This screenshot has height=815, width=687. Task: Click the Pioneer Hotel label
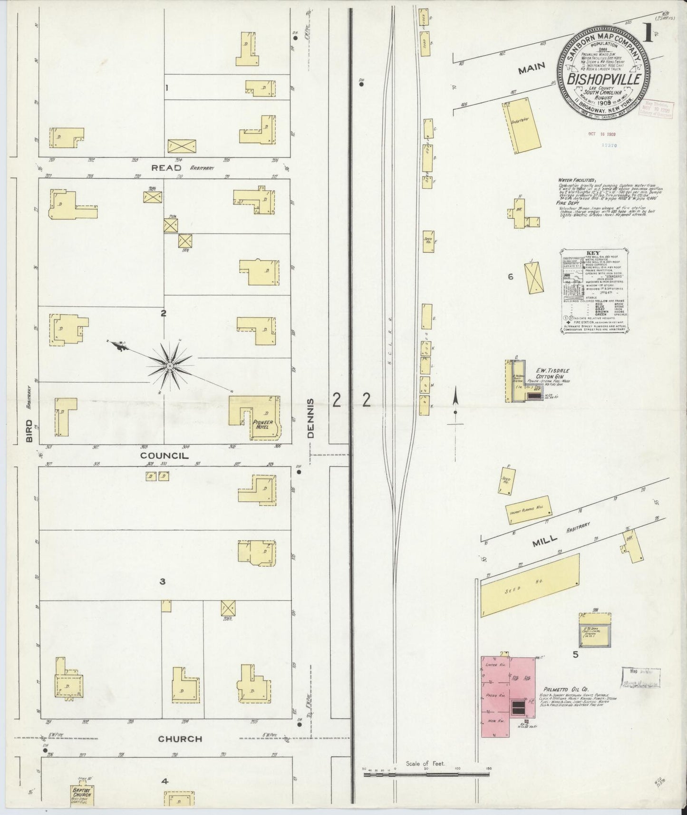point(262,424)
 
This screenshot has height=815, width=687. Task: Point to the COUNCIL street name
point(164,456)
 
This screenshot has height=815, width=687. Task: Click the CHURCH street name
point(180,738)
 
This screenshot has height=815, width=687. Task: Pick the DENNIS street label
point(311,418)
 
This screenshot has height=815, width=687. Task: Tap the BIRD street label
point(29,431)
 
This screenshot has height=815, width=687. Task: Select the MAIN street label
point(532,69)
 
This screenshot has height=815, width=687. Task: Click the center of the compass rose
point(169,365)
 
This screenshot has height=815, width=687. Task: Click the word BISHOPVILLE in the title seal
point(603,78)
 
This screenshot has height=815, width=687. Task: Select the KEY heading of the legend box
point(593,253)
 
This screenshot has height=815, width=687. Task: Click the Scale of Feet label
point(425,764)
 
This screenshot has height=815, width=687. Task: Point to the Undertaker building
point(522,126)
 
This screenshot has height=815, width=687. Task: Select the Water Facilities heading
point(577,181)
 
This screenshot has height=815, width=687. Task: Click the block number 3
point(162,581)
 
